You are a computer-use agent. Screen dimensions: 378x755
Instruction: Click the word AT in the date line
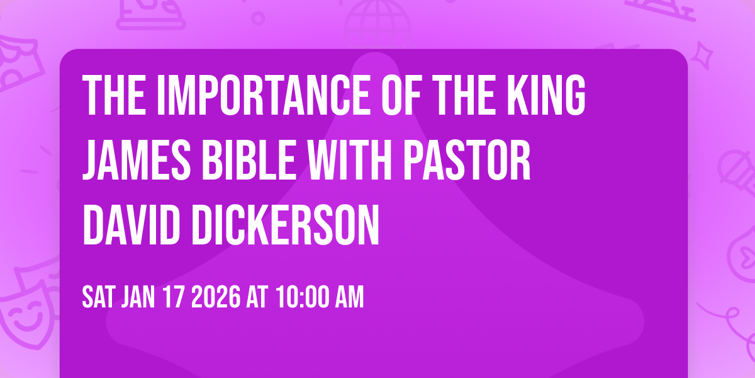point(258,297)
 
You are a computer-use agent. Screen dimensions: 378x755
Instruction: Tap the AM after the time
point(349,297)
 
